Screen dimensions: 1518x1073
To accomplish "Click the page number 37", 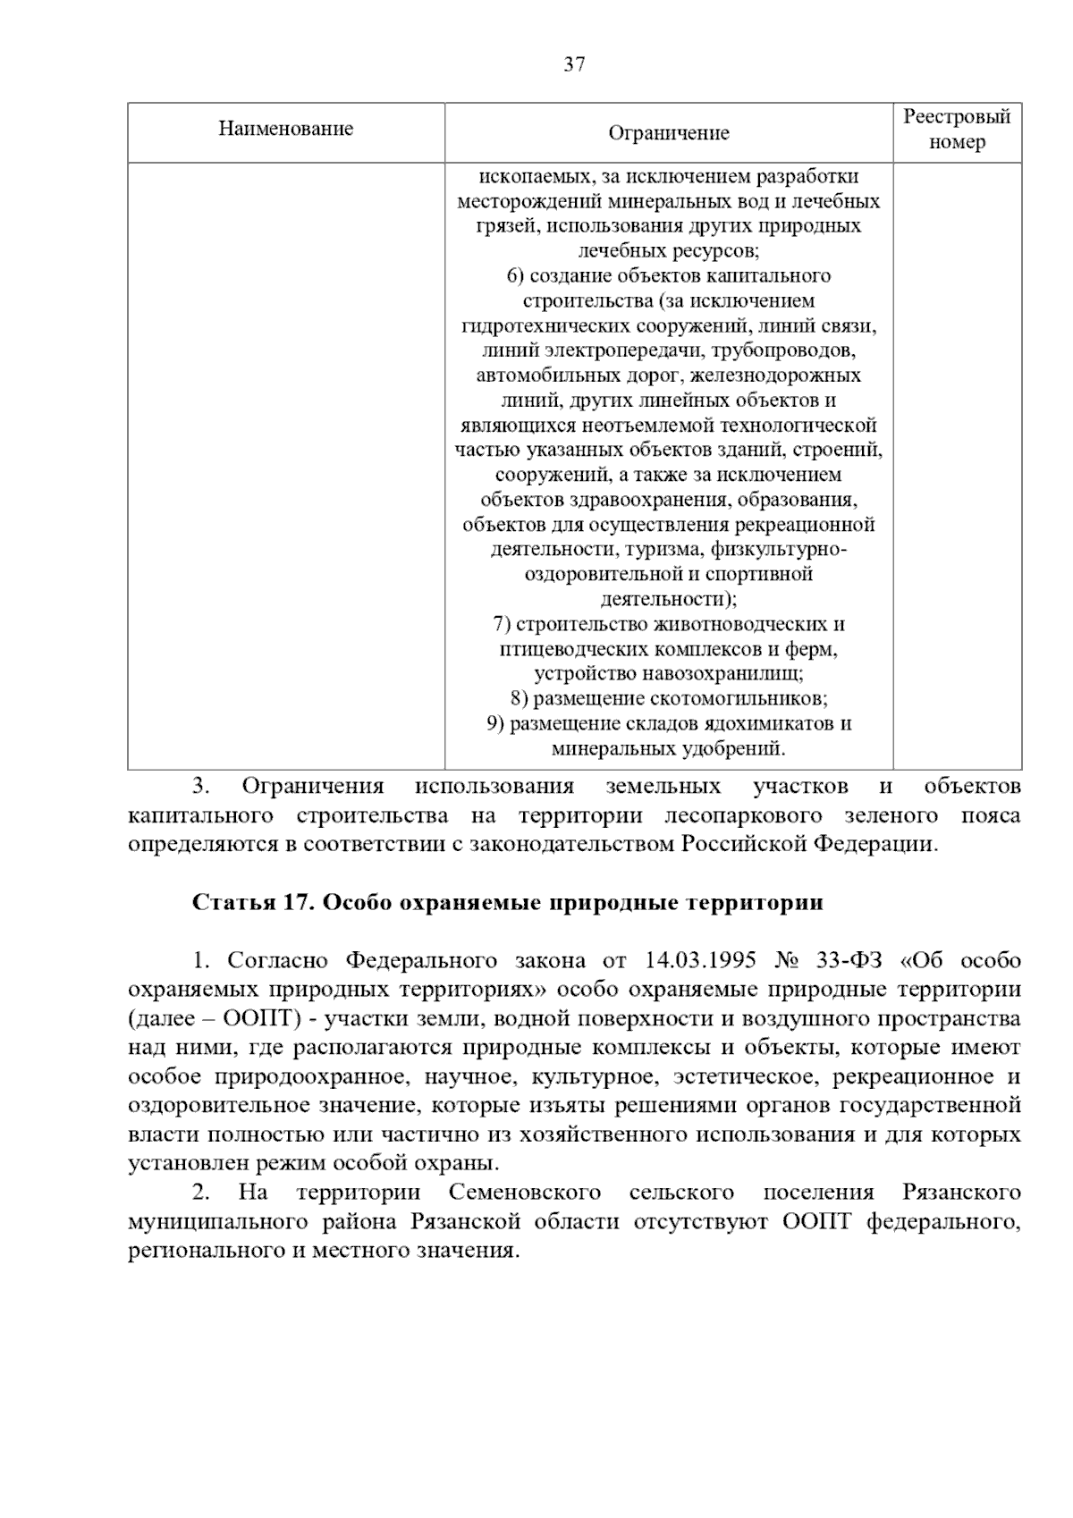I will [574, 64].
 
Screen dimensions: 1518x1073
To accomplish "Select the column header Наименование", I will [286, 129].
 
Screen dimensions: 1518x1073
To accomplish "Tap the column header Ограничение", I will [669, 133].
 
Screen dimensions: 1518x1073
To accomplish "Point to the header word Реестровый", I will [957, 117].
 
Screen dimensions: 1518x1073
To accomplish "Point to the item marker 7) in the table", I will [502, 624].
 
